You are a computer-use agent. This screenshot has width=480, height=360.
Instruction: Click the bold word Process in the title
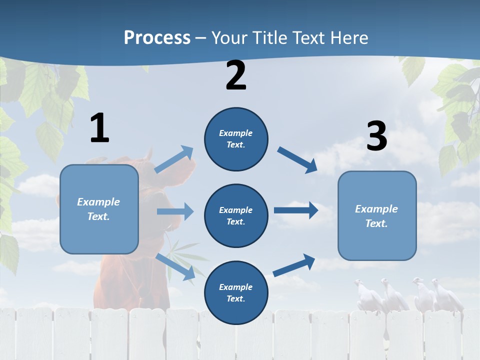click(x=157, y=37)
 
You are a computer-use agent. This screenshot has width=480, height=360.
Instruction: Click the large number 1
click(x=99, y=128)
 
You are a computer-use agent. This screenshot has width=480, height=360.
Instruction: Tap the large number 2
click(x=236, y=75)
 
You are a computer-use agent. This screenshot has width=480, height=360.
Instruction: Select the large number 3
click(x=377, y=136)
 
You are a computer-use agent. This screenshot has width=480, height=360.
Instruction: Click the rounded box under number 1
click(x=99, y=209)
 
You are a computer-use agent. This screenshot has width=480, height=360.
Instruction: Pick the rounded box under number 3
click(x=377, y=216)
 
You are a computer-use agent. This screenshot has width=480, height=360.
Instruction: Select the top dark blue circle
click(x=236, y=139)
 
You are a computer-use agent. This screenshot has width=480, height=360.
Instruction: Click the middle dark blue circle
click(x=236, y=215)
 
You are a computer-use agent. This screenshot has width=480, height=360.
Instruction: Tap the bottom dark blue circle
click(x=236, y=292)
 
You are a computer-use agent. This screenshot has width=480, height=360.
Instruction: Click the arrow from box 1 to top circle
click(x=174, y=159)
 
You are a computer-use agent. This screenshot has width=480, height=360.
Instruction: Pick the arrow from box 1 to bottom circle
click(x=175, y=267)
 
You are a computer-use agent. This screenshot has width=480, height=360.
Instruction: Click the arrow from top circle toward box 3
click(x=297, y=159)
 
